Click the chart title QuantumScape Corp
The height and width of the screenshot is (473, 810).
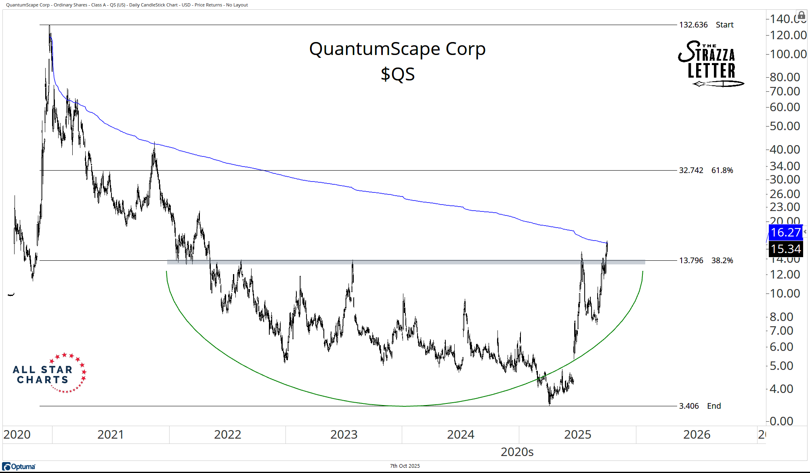[x=397, y=49]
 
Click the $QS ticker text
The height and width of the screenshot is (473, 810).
[x=398, y=74]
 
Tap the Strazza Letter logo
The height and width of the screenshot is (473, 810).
[x=710, y=63]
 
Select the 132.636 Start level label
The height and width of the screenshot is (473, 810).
[x=706, y=25]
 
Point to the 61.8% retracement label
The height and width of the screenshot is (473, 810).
[x=722, y=170]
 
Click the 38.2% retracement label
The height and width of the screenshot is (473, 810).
[x=722, y=260]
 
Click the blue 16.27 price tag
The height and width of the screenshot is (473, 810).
[x=785, y=232]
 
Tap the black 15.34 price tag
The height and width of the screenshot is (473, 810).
[x=785, y=249]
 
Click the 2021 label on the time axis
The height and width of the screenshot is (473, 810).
[x=110, y=435]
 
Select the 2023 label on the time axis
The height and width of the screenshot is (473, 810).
[x=344, y=435]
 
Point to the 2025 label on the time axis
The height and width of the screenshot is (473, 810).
[x=577, y=435]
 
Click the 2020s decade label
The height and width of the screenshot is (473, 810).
[x=517, y=452]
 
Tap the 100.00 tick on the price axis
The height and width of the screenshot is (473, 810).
[x=788, y=54]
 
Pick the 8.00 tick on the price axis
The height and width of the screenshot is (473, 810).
[x=781, y=317]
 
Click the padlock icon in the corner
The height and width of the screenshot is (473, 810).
[x=802, y=16]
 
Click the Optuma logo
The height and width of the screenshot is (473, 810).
[x=19, y=467]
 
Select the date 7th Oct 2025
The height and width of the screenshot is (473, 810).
[x=405, y=466]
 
